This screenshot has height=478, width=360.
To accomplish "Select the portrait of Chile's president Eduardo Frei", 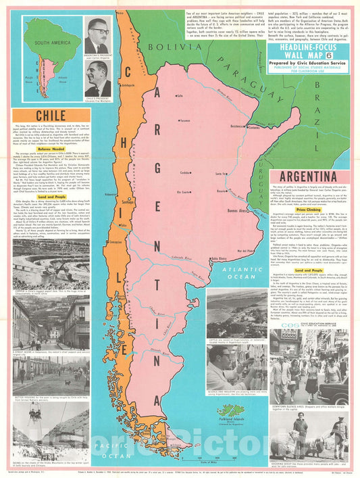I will point(99,78).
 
